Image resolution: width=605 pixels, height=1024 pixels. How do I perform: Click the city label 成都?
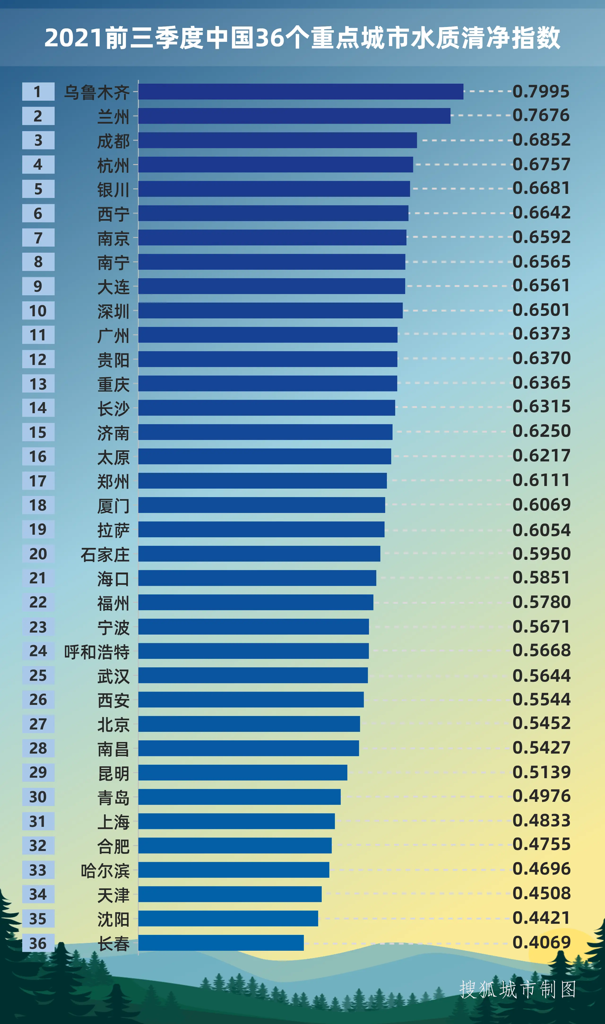[113, 141]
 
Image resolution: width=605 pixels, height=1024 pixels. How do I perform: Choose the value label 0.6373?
[541, 334]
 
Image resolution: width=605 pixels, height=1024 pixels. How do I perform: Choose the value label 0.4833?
[541, 820]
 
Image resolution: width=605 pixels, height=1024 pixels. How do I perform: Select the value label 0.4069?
[541, 942]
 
